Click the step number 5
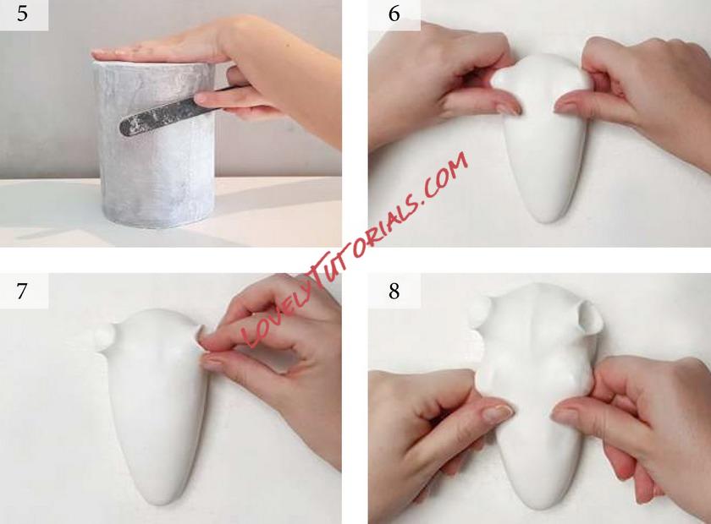(22, 14)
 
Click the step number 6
(394, 14)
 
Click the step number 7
(22, 292)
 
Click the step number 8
(394, 291)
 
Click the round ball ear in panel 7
(105, 336)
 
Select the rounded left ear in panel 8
(479, 312)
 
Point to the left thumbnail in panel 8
(497, 413)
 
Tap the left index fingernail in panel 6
(509, 109)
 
